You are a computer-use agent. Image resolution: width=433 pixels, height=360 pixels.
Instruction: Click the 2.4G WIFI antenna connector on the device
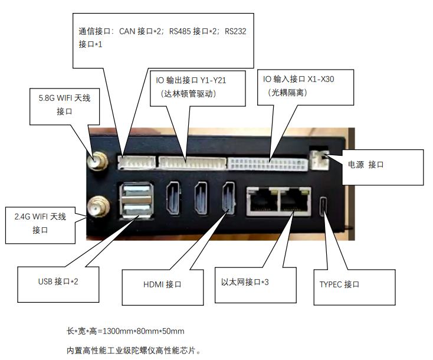[x=96, y=207]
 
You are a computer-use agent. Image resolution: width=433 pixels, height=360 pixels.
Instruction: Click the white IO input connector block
[x=268, y=163]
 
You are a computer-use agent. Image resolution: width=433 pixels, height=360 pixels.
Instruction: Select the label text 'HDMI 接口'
[x=162, y=284]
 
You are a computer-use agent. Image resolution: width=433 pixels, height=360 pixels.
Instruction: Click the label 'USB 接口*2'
[x=58, y=281]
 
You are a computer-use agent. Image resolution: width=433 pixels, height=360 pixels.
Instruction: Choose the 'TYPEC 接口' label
[x=339, y=284]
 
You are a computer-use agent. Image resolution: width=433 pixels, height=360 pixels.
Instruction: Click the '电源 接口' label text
[x=366, y=165]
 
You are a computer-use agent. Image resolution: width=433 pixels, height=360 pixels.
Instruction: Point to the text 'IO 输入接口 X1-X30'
[x=298, y=78]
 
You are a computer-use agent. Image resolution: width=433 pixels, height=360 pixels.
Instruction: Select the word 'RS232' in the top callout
[x=235, y=31]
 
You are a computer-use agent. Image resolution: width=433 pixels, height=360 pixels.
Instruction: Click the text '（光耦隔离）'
[x=287, y=92]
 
